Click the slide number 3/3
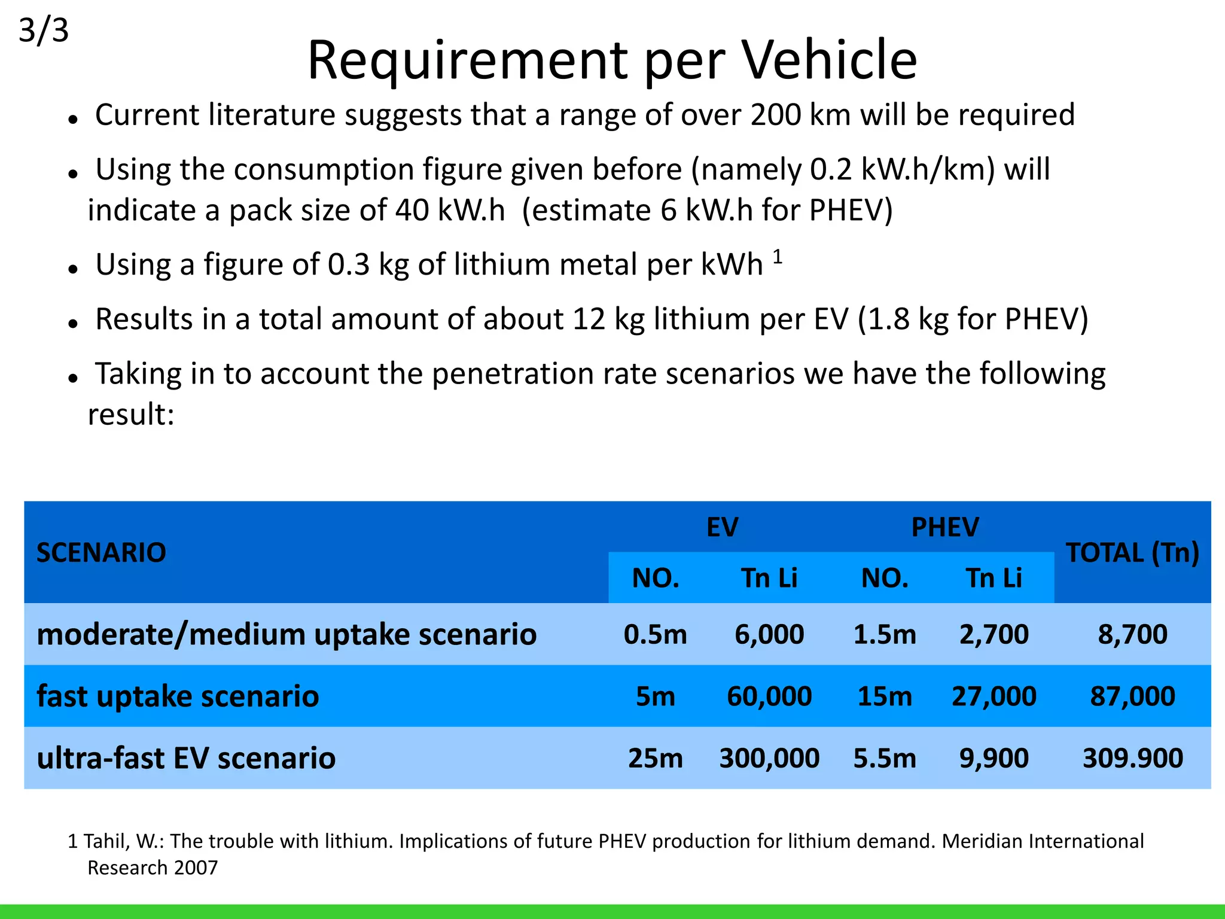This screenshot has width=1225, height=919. (44, 31)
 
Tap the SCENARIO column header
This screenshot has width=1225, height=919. (101, 552)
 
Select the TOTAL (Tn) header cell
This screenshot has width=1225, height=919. (1132, 552)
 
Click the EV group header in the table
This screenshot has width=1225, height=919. (722, 527)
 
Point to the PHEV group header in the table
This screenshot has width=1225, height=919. (944, 527)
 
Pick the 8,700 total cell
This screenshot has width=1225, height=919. (1132, 634)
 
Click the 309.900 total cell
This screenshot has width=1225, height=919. (1132, 758)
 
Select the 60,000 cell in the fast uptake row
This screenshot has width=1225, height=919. (769, 696)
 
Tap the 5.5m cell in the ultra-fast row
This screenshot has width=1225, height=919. (885, 758)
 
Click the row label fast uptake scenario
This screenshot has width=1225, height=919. (178, 696)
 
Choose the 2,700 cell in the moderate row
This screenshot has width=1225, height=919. (994, 634)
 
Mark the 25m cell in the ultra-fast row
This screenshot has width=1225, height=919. (656, 758)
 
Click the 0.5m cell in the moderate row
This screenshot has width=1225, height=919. (656, 634)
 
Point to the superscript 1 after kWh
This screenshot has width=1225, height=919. (778, 257)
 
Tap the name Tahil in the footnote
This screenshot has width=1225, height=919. (105, 841)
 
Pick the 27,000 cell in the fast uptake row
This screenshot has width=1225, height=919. (994, 696)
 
